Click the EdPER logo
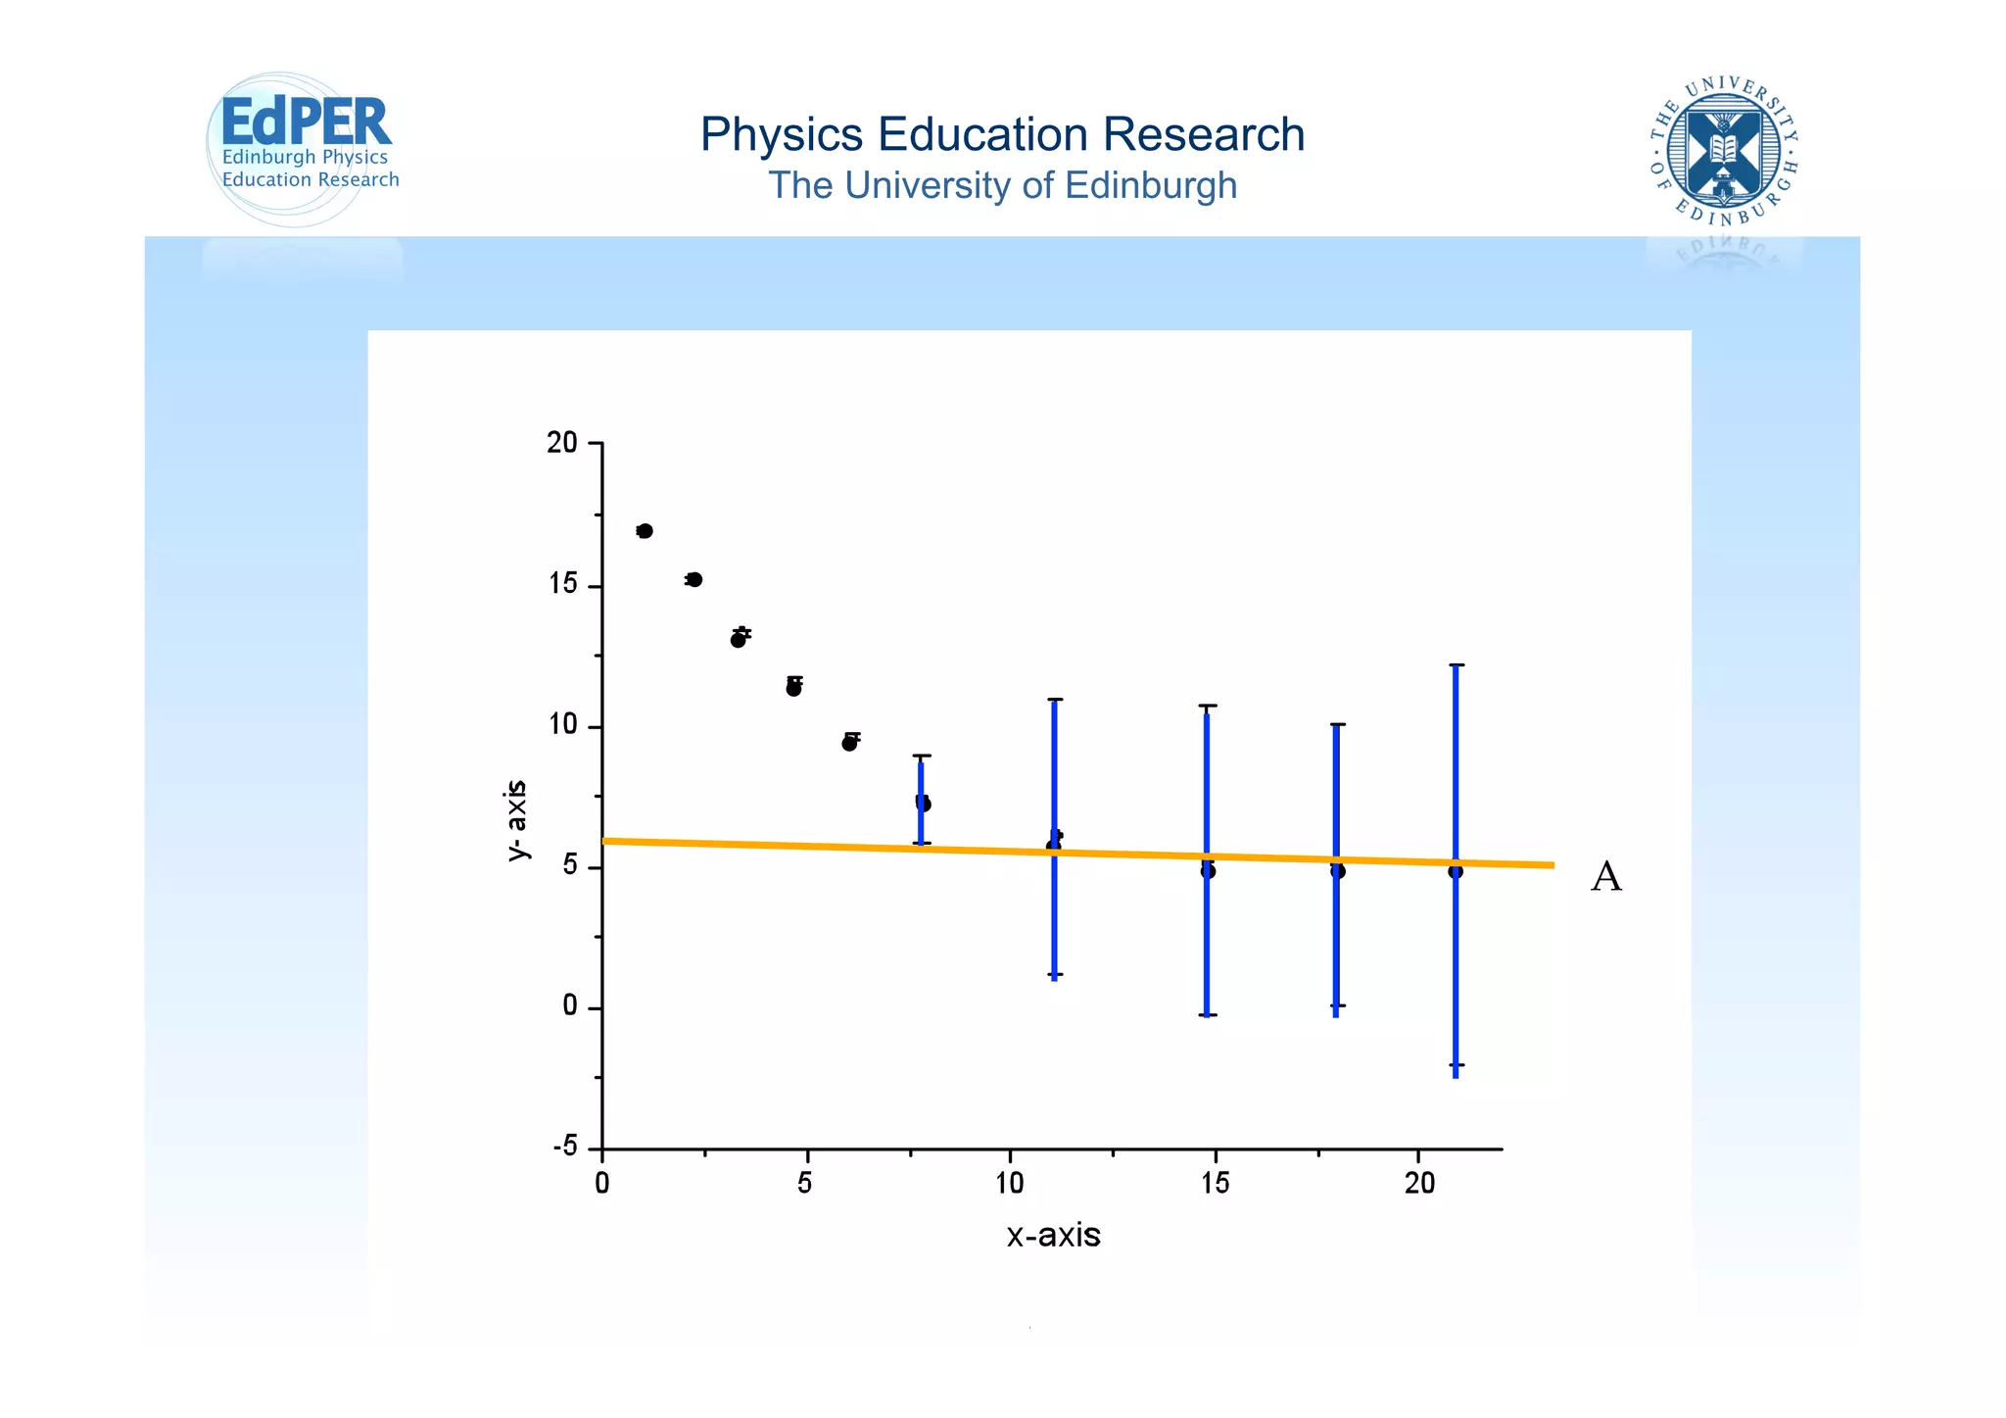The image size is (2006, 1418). click(x=304, y=147)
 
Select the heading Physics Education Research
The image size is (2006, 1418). click(x=1002, y=134)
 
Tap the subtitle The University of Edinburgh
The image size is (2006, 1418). click(x=1002, y=185)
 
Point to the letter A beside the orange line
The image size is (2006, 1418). click(x=1605, y=876)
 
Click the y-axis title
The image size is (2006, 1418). click(x=516, y=820)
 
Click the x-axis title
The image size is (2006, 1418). click(x=1053, y=1235)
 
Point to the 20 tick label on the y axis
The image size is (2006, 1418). click(x=562, y=443)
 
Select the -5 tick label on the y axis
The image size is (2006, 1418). click(x=565, y=1148)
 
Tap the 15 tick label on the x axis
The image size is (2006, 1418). click(x=1215, y=1184)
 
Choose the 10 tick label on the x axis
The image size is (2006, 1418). click(x=1010, y=1184)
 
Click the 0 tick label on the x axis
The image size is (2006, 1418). click(x=601, y=1184)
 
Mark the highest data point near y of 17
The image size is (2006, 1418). click(x=645, y=531)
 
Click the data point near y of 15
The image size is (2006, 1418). click(x=694, y=579)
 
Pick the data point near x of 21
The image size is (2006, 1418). click(x=1456, y=871)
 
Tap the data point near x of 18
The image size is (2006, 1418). click(x=1338, y=871)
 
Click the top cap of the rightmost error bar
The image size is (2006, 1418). click(x=1456, y=665)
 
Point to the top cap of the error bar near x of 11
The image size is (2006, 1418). click(x=1055, y=700)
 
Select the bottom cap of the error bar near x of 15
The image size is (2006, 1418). click(x=1208, y=1014)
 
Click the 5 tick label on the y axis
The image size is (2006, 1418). click(x=569, y=867)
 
